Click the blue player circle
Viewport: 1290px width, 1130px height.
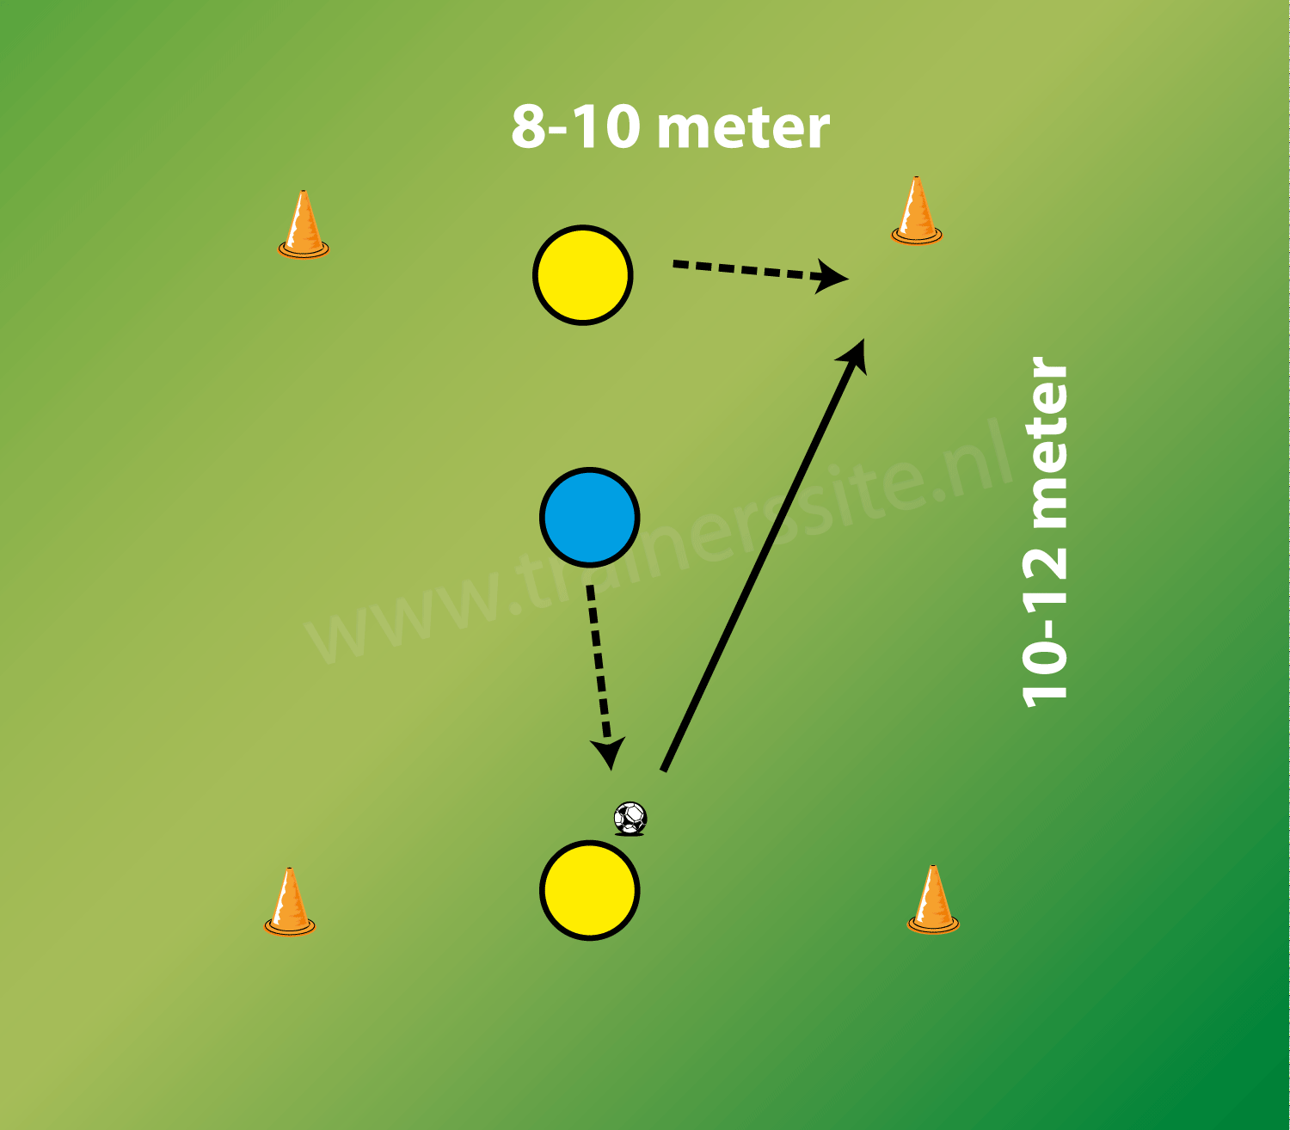(590, 517)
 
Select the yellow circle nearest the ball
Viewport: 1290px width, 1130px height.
(590, 889)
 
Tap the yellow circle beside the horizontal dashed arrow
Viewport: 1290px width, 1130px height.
(583, 275)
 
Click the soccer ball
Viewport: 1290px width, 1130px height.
(630, 817)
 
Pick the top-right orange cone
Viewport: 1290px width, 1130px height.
(917, 212)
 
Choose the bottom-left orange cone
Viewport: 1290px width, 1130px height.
(290, 903)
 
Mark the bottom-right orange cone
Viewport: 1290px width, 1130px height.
(933, 900)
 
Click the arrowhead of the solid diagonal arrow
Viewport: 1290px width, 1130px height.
(856, 353)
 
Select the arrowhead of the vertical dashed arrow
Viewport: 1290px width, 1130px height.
(610, 752)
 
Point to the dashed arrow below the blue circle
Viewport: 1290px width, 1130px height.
(599, 662)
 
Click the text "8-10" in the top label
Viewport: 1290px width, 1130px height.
(575, 127)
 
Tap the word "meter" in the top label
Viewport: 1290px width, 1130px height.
(743, 129)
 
